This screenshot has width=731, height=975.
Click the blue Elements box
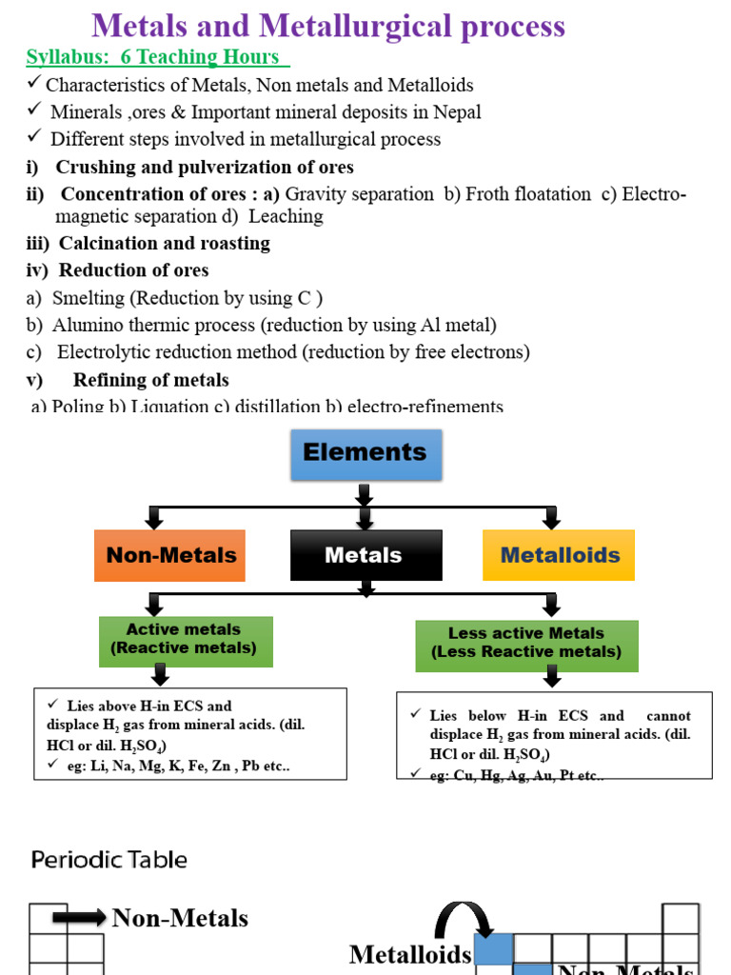(x=365, y=453)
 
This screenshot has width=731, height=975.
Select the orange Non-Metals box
(x=170, y=555)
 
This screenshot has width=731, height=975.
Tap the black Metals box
(x=365, y=555)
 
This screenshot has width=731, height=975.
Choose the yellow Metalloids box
(x=559, y=555)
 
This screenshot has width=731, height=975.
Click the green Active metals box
(x=186, y=640)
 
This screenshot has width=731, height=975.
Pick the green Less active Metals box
(x=526, y=644)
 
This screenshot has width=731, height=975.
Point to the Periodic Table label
(x=109, y=860)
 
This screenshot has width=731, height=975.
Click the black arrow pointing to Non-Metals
(x=79, y=918)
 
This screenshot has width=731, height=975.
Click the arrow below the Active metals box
(x=160, y=675)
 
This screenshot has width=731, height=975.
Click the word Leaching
(x=286, y=216)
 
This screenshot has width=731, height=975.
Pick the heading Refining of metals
(x=150, y=380)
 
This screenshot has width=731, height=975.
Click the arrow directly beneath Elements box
(x=365, y=494)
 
